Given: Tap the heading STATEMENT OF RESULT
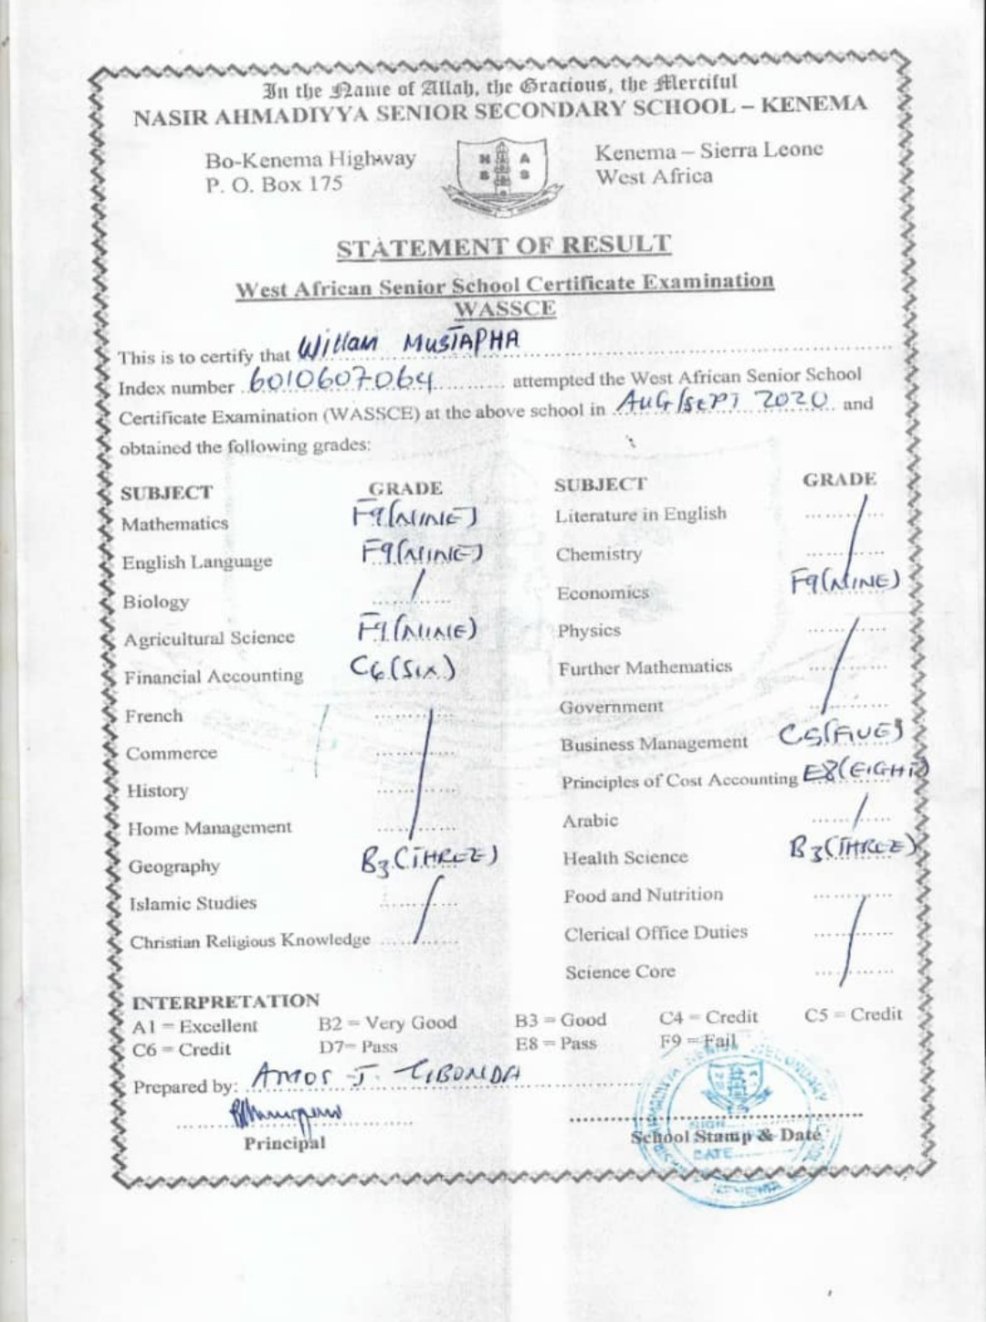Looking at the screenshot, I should (x=503, y=247).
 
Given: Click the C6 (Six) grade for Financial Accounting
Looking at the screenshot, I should (x=402, y=669).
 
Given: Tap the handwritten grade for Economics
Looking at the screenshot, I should (x=845, y=581).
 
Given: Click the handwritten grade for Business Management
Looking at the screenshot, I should (x=840, y=736).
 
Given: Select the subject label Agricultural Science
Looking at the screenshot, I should (x=209, y=639).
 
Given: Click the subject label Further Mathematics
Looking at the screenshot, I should (x=645, y=667).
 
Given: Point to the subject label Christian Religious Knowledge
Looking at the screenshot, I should (x=250, y=941).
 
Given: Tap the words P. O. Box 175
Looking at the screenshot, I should (x=274, y=184).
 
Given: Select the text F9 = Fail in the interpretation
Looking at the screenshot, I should (x=698, y=1042).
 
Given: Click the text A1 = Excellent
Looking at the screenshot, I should (x=194, y=1026).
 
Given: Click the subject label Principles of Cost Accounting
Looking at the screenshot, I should (x=679, y=782).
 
